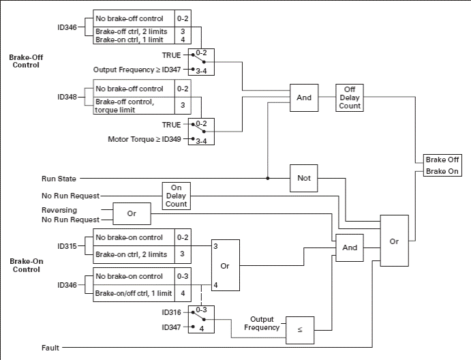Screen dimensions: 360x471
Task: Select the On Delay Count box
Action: coord(175,196)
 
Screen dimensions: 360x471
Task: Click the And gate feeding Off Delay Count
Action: coord(304,97)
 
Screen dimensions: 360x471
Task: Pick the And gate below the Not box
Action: coord(349,247)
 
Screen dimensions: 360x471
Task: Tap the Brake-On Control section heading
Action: coord(25,265)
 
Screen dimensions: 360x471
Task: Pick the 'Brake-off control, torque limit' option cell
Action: coord(134,105)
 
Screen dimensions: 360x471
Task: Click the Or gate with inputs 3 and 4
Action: coord(225,265)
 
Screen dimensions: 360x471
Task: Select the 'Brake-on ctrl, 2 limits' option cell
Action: coord(134,254)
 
